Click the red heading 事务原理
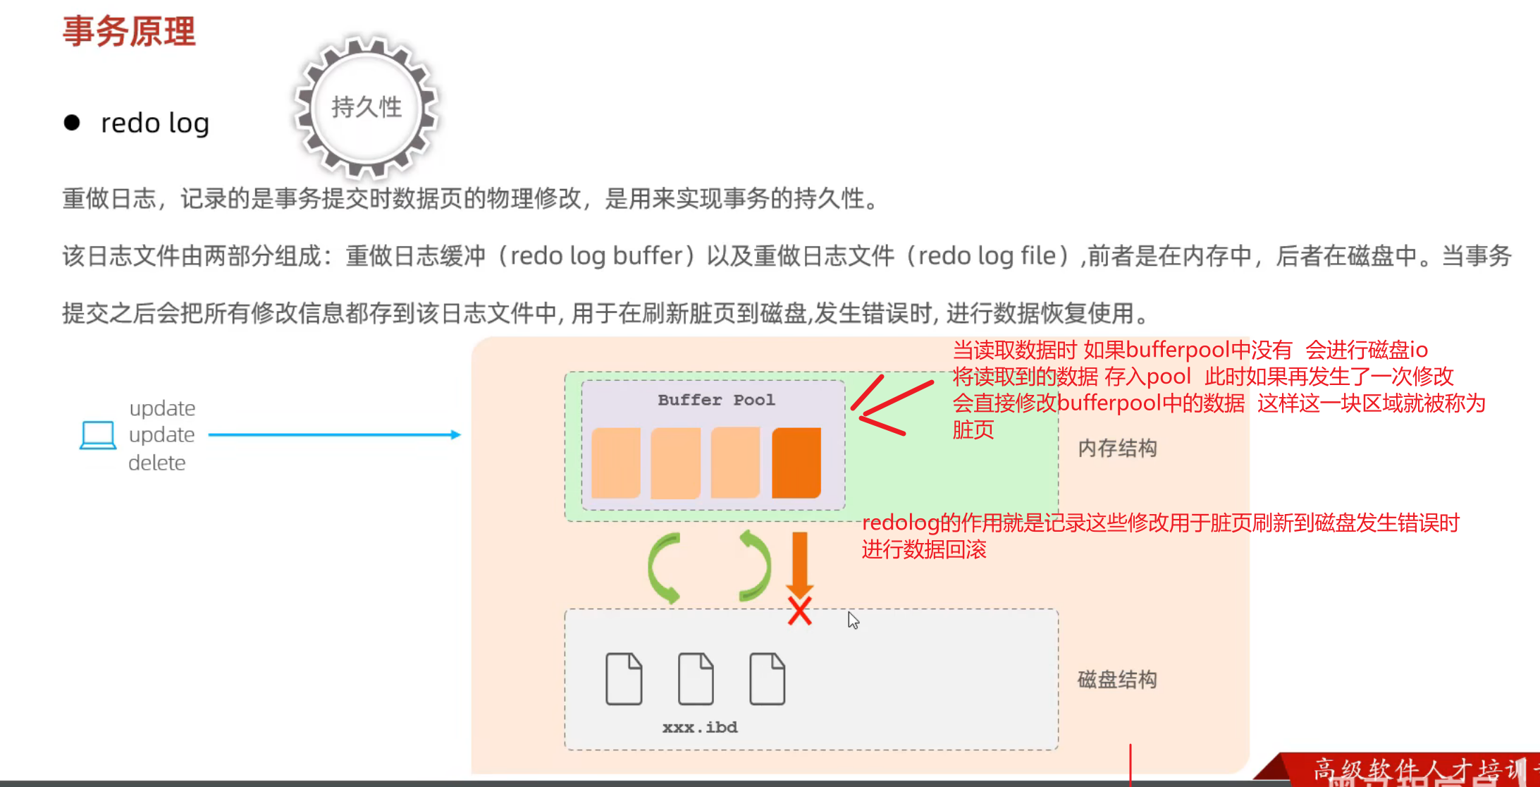pyautogui.click(x=129, y=32)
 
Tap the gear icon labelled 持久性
pyautogui.click(x=366, y=107)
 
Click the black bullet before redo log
pyautogui.click(x=72, y=123)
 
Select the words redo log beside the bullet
pyautogui.click(x=155, y=123)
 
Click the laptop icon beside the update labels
pyautogui.click(x=98, y=434)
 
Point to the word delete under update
pyautogui.click(x=157, y=463)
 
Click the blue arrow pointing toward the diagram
pyautogui.click(x=335, y=434)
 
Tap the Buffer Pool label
pyautogui.click(x=716, y=400)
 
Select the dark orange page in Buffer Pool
pyautogui.click(x=796, y=463)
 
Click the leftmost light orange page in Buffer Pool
pyautogui.click(x=616, y=463)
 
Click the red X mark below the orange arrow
pyautogui.click(x=799, y=611)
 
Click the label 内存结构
pyautogui.click(x=1117, y=449)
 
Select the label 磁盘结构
pyautogui.click(x=1117, y=680)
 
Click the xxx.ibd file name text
pyautogui.click(x=700, y=727)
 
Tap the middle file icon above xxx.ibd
pyautogui.click(x=696, y=679)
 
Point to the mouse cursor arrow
pyautogui.click(x=853, y=620)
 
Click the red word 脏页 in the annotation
pyautogui.click(x=973, y=429)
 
